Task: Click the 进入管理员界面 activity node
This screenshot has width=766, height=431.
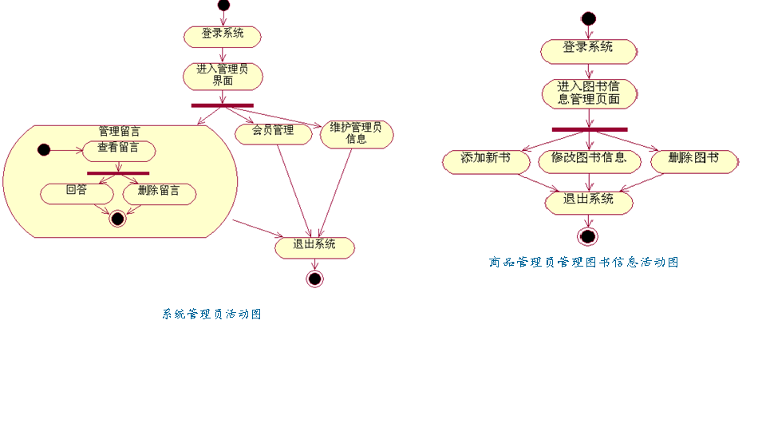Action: coord(223,75)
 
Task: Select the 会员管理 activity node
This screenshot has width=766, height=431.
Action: coord(273,132)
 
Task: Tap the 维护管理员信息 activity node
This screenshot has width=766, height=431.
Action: coord(357,133)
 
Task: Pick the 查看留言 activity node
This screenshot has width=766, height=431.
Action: coord(118,149)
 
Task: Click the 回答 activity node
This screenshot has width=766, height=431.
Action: coord(77,192)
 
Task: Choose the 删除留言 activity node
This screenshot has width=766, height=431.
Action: coord(159,192)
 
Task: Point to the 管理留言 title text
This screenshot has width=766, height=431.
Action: coord(120,131)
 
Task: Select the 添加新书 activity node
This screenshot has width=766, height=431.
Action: coord(486,160)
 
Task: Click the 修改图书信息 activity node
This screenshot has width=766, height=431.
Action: coord(589,160)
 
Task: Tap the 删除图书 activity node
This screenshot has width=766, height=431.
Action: coord(693,160)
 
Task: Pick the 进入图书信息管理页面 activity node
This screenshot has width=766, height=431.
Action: coord(589,93)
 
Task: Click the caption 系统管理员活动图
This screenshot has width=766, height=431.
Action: coord(211,314)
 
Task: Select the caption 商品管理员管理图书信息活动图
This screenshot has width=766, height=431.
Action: coord(583,262)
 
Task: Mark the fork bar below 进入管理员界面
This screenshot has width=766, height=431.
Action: coord(222,105)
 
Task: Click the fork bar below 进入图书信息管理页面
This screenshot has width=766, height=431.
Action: coord(589,129)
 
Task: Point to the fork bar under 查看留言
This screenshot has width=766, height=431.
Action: coord(118,172)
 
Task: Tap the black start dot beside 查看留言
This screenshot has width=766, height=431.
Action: coord(44,149)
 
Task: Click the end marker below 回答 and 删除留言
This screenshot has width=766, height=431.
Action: coord(118,218)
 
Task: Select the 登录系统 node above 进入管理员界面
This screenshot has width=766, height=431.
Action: coord(223,35)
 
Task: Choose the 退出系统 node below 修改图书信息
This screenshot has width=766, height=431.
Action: coord(589,201)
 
